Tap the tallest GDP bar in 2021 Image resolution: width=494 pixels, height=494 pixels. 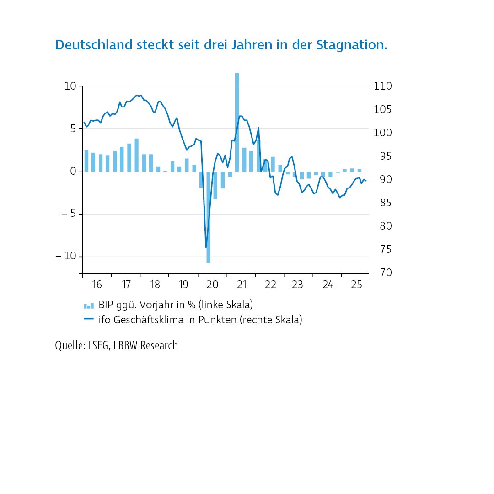click(237, 122)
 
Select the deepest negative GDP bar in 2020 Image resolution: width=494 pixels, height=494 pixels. click(209, 217)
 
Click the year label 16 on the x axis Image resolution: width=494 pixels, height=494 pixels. click(97, 285)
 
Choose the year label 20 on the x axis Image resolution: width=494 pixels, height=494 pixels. click(212, 285)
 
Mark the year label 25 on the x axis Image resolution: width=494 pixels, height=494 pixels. click(356, 285)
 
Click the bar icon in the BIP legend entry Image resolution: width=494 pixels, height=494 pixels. click(89, 306)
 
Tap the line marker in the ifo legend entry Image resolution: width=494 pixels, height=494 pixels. click(89, 319)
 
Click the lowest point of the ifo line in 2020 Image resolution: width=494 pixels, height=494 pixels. click(206, 247)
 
